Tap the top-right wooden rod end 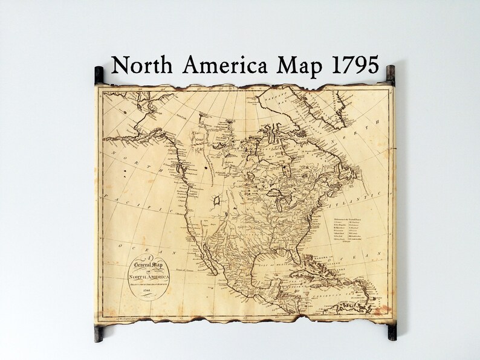(391, 73)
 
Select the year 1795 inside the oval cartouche (147, 292)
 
